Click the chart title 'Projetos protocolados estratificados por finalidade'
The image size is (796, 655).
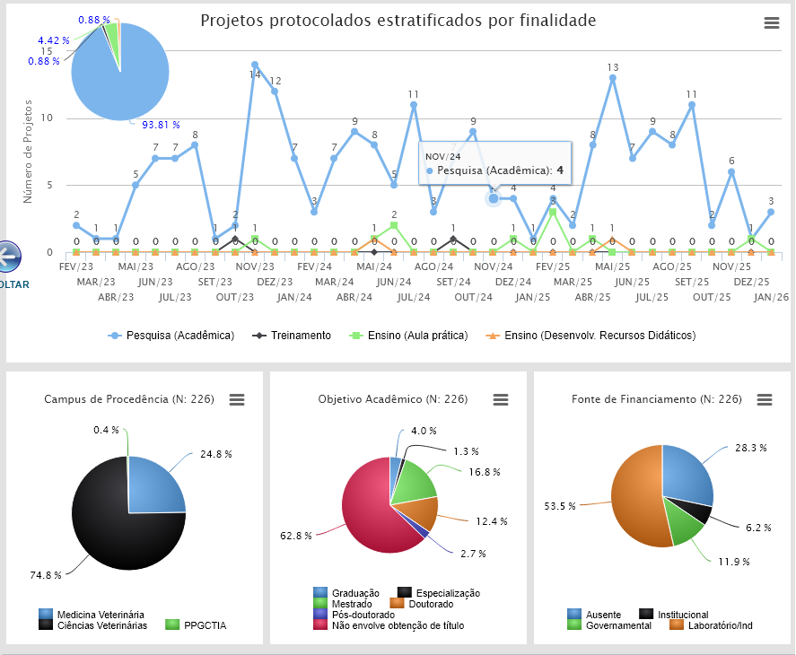[x=398, y=21]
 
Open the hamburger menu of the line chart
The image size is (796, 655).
[x=771, y=23]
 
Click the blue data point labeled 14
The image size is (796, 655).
[x=255, y=65]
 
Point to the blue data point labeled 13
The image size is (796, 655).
[x=613, y=78]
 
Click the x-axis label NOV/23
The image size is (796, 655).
[x=255, y=266]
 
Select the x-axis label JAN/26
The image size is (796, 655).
[x=771, y=297]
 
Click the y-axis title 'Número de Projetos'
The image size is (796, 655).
[x=29, y=151]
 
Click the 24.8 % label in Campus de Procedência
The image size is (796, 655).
[x=215, y=454]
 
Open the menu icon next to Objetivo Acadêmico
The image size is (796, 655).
[x=501, y=399]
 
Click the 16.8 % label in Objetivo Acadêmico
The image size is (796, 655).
[x=484, y=471]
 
